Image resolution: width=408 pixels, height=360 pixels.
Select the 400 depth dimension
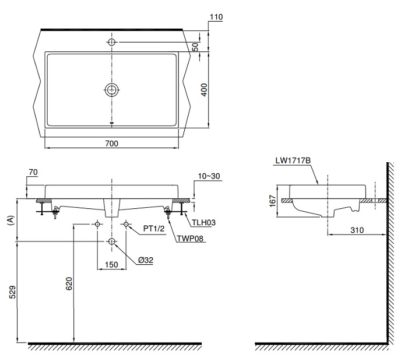coord(205,89)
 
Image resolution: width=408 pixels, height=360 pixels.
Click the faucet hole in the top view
coord(111,41)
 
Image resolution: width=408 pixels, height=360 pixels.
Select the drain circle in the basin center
coord(111,89)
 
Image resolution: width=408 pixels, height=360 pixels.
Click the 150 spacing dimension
coord(111,264)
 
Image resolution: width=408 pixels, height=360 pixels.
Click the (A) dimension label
coord(9,219)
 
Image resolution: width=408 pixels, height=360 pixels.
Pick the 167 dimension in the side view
coord(272,201)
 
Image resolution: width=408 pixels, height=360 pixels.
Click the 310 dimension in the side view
coord(357,230)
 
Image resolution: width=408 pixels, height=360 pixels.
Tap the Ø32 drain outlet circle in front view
coord(111,241)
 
